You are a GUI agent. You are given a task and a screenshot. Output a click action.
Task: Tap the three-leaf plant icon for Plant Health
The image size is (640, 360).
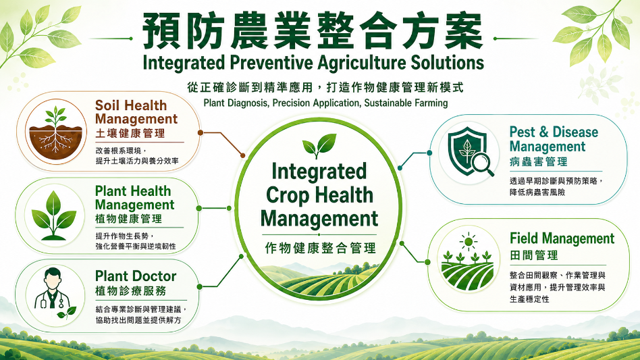pos(54,215)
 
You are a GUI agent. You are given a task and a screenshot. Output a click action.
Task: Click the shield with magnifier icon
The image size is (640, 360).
pos(469,153)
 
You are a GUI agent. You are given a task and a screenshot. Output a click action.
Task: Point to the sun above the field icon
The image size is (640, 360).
pos(468,242)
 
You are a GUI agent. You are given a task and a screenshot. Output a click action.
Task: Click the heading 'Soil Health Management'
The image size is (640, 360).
pos(136,112)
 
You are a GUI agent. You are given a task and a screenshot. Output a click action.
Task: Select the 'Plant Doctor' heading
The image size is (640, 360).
pos(136,276)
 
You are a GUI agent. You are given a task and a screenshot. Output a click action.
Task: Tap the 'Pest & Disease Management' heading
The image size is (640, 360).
pos(554,139)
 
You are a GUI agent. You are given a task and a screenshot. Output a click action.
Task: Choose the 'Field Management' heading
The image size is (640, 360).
pos(562,238)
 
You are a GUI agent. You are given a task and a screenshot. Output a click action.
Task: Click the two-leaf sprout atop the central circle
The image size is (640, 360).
pos(319,145)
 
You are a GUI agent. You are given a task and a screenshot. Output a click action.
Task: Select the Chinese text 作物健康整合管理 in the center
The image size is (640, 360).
pos(321,248)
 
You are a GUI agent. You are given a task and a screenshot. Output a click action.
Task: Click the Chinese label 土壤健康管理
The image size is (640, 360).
pos(130,134)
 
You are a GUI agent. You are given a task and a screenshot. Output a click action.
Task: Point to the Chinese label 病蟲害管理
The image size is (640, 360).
pos(538,161)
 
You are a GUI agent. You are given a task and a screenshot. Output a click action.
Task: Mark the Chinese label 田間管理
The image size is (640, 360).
pos(534,255)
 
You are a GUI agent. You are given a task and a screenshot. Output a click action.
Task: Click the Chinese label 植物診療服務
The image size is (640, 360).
pos(130,291)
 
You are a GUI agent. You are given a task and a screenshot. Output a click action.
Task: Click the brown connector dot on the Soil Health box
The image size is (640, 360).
pos(200,132)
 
